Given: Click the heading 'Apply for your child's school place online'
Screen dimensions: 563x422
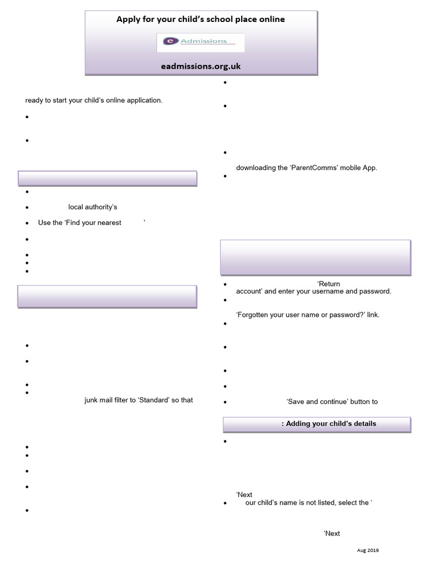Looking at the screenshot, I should (201, 19).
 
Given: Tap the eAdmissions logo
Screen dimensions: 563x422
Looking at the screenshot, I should (201, 42).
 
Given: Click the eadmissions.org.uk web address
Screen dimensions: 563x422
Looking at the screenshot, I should (201, 66).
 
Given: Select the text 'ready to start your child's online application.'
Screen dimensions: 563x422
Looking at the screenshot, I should (94, 100).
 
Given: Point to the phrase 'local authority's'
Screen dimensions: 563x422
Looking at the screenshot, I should (93, 207).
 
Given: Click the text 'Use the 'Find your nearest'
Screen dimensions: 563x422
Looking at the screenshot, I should (80, 223).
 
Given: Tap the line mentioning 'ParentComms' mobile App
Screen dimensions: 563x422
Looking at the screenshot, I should (307, 168).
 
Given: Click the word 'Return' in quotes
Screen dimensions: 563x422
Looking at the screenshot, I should (329, 284).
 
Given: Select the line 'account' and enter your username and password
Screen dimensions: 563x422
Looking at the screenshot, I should (313, 291).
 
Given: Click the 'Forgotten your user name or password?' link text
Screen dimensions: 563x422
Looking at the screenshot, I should (308, 314).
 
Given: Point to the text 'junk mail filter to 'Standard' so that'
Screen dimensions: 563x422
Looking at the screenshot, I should (138, 400).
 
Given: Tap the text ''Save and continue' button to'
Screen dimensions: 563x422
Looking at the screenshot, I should (332, 401).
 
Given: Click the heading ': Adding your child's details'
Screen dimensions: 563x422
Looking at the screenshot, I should (329, 423).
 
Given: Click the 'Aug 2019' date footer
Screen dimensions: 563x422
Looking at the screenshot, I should (368, 550).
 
